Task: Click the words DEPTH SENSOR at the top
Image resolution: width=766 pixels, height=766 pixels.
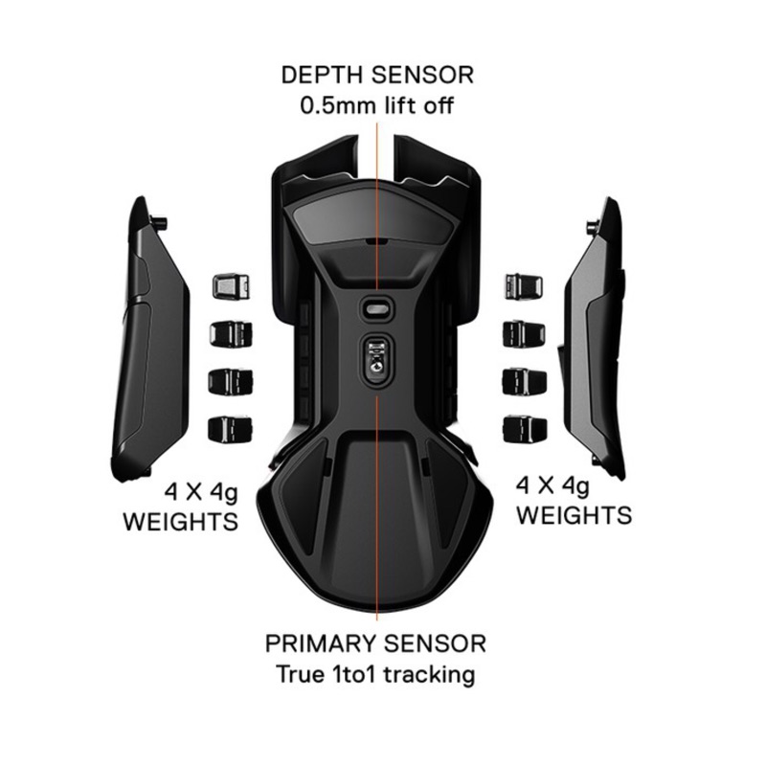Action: pos(376,75)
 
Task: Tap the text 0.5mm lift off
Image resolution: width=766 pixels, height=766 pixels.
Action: pos(376,105)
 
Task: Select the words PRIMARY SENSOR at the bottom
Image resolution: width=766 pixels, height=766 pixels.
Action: pos(375,642)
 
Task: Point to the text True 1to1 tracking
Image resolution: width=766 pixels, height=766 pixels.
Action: pos(375,674)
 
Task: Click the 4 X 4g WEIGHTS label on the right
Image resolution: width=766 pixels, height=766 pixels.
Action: pos(574,500)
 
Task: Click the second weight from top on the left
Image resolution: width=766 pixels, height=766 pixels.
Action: pos(230,333)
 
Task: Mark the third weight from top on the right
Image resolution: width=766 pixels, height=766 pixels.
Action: pos(523,380)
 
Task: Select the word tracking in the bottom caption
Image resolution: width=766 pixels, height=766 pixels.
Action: pos(430,674)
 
